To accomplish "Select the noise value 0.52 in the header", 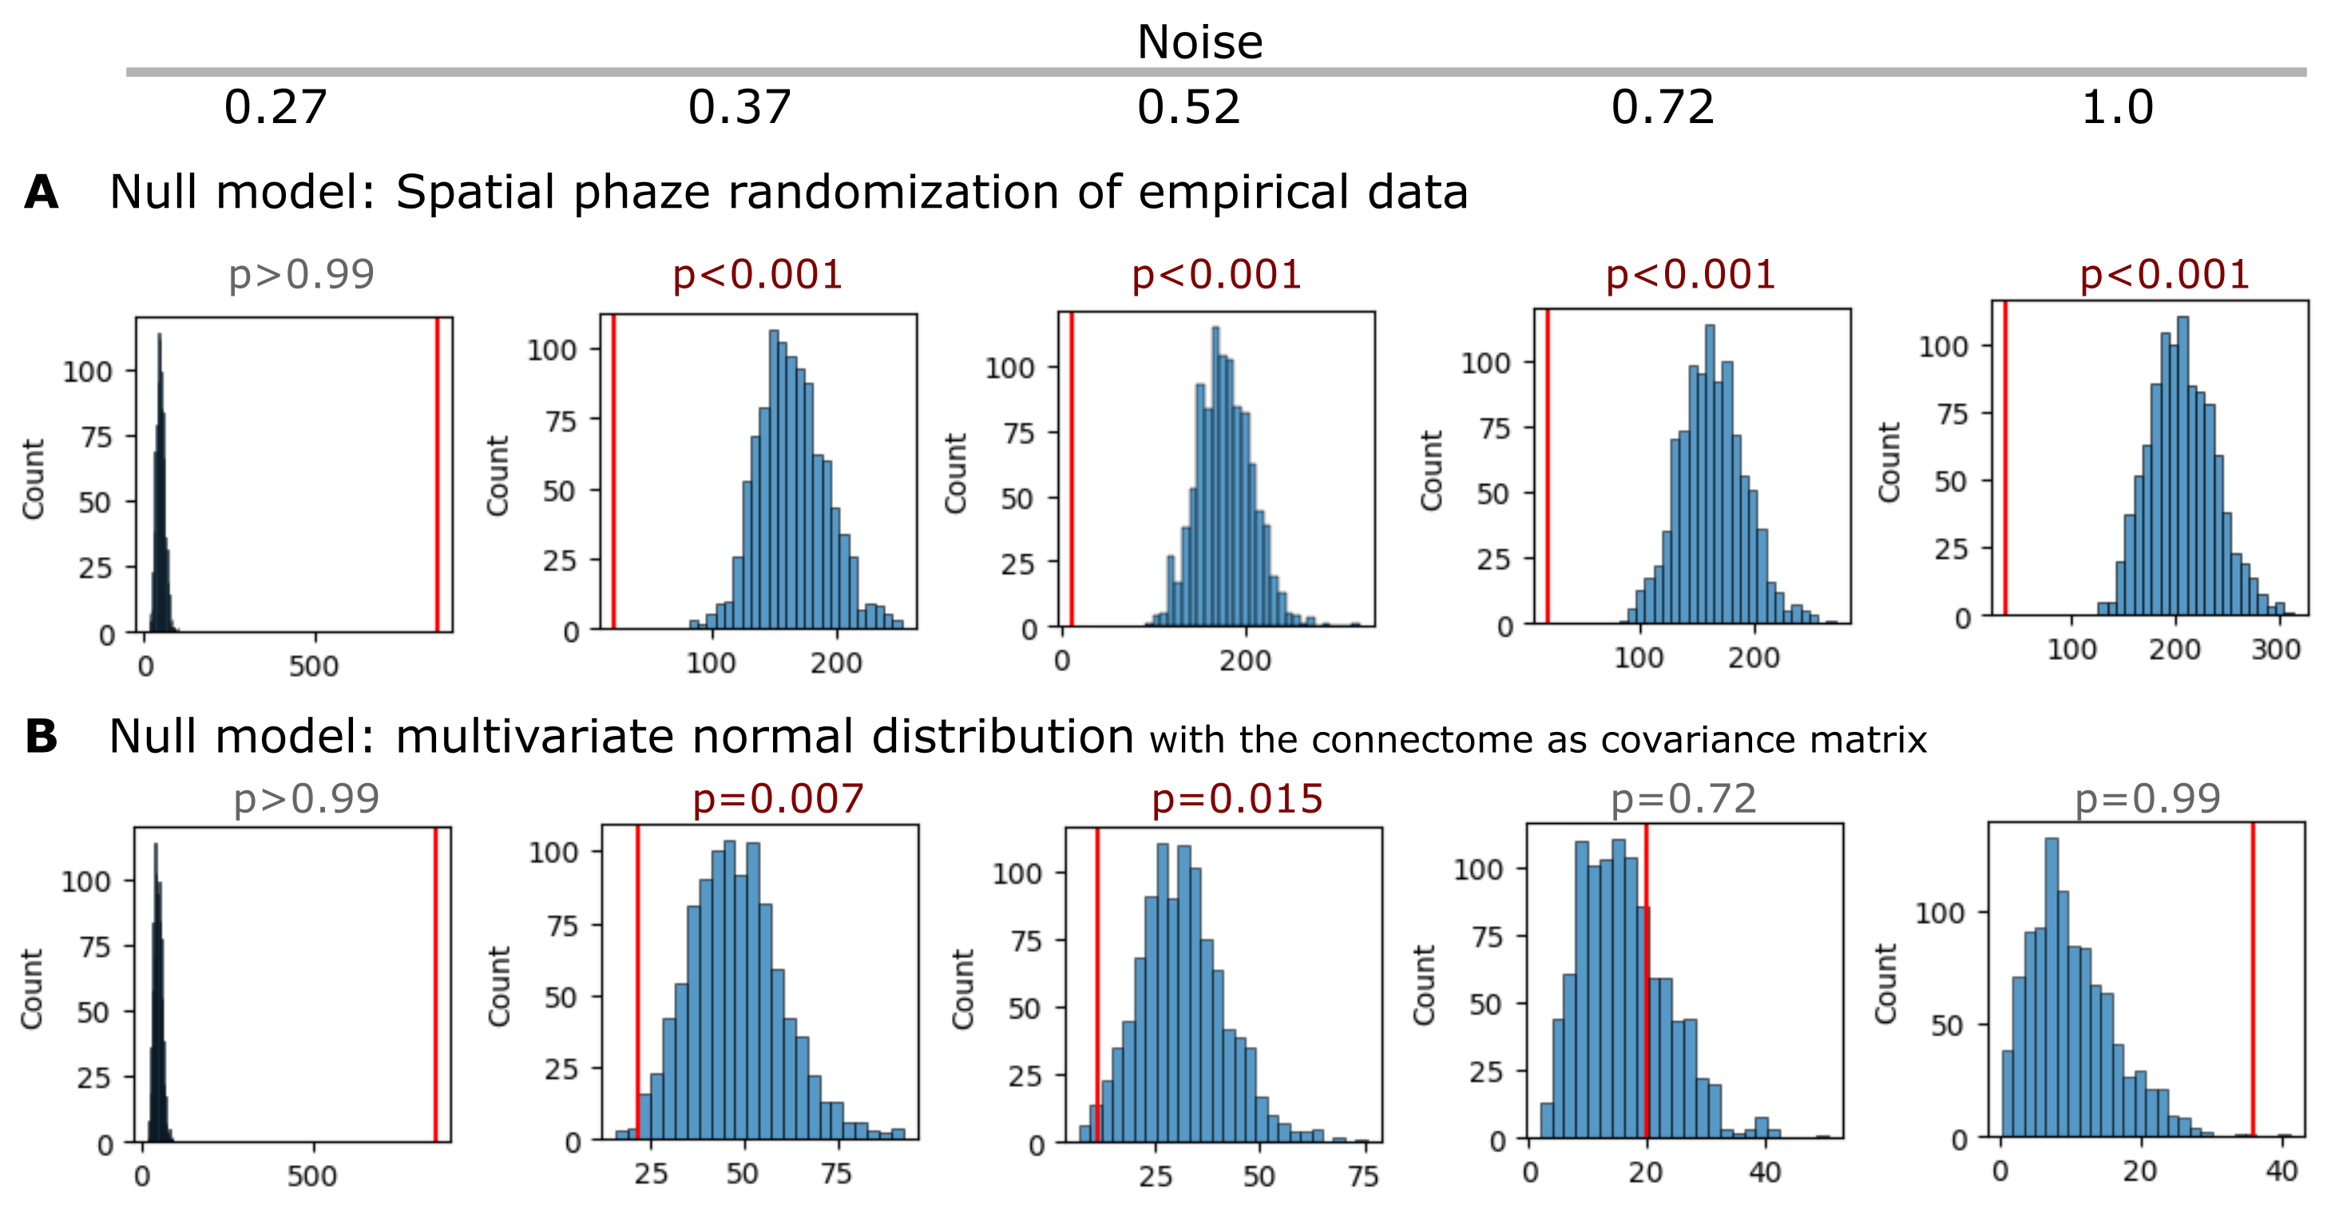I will click(x=1188, y=109).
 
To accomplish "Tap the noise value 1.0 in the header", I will click(x=2118, y=109).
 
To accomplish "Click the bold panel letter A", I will click(x=42, y=193).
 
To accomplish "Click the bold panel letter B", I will click(x=42, y=736).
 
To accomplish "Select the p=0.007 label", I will click(x=779, y=798).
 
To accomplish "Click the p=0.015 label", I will click(x=1237, y=798).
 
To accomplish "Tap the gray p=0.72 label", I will click(x=1683, y=798).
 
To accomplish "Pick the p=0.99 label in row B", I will click(x=2147, y=798).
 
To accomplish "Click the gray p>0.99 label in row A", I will click(x=301, y=274).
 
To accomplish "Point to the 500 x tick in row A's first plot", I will click(x=313, y=666).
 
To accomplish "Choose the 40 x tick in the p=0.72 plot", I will click(x=1765, y=1172).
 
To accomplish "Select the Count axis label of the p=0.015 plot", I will click(x=963, y=988).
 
